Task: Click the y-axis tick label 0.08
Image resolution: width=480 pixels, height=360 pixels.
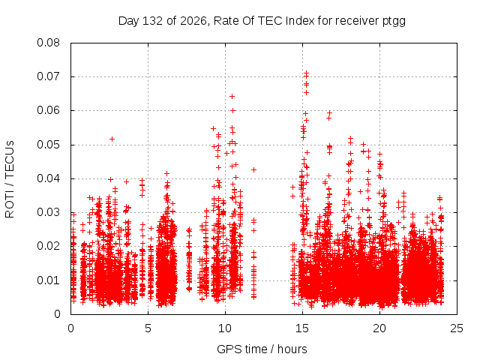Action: coord(48,43)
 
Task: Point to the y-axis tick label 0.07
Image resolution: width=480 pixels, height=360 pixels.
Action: coord(48,76)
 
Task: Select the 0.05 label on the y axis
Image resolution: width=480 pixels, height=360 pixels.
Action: coord(48,145)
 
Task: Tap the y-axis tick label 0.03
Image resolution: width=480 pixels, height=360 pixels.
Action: coord(48,212)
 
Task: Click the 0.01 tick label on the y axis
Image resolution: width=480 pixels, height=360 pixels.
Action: coord(48,280)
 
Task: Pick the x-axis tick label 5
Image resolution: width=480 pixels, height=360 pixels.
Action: coord(148,328)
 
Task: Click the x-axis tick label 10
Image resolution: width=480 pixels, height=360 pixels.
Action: coord(225,328)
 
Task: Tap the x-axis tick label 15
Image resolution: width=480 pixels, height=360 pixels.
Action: coord(302,328)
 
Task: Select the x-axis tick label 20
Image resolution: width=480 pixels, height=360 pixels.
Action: coord(379,328)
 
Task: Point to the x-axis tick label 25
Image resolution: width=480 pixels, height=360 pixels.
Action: coord(457,328)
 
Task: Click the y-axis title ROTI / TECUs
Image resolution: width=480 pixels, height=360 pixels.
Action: coord(10,179)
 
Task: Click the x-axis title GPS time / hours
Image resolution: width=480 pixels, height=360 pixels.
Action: coord(262,349)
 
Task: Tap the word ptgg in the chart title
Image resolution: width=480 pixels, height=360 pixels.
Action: coord(394,21)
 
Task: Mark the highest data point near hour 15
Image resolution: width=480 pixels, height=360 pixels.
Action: coord(306,73)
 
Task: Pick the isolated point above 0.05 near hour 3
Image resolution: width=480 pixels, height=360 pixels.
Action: coord(112,139)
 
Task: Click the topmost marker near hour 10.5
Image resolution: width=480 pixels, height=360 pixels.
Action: coord(232,97)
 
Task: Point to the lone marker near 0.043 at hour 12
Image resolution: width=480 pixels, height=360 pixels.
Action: coord(253,169)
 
